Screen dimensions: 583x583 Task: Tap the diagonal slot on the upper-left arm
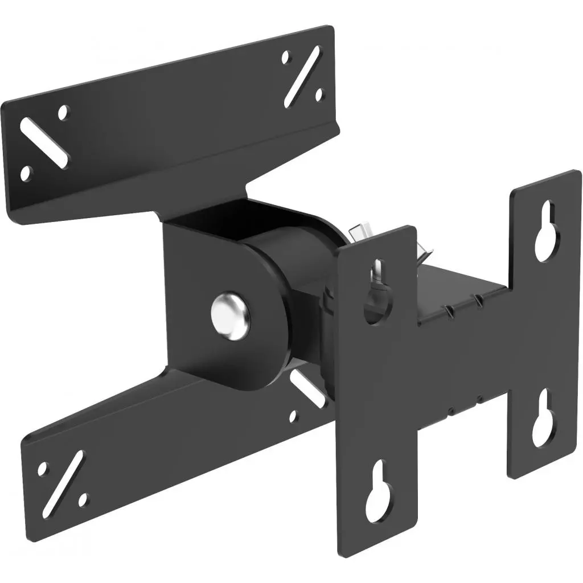tap(44, 142)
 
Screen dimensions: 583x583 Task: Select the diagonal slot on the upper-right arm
tap(301, 76)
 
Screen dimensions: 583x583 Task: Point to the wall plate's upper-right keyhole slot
tap(547, 231)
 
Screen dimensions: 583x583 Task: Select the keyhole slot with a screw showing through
tap(377, 290)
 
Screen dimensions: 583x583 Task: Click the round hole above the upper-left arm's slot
tap(63, 113)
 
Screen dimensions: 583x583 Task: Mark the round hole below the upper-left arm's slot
tap(25, 173)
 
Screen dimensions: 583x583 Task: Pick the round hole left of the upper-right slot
tap(286, 57)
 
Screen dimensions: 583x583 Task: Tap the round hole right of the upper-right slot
tap(319, 93)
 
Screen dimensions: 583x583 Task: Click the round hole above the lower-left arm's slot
tap(42, 469)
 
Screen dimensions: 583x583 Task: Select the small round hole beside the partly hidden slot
tap(293, 416)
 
